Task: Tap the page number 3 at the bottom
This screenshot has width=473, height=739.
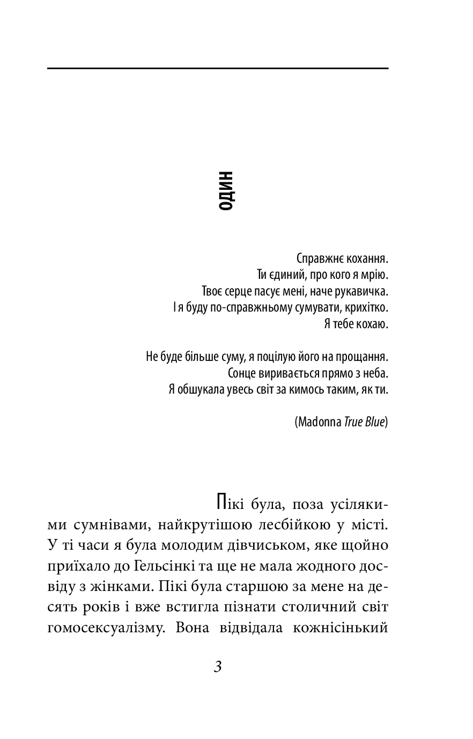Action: click(217, 668)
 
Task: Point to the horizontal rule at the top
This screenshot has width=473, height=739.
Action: click(217, 69)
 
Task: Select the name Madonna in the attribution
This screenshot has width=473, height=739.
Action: click(319, 422)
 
